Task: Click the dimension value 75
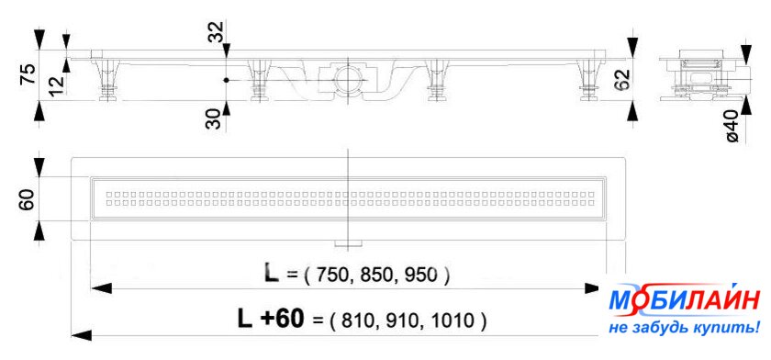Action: point(29,74)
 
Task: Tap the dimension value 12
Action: point(58,85)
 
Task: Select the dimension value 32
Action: point(215,31)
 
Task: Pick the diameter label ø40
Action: point(732,127)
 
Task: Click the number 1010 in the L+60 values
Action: point(457,321)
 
